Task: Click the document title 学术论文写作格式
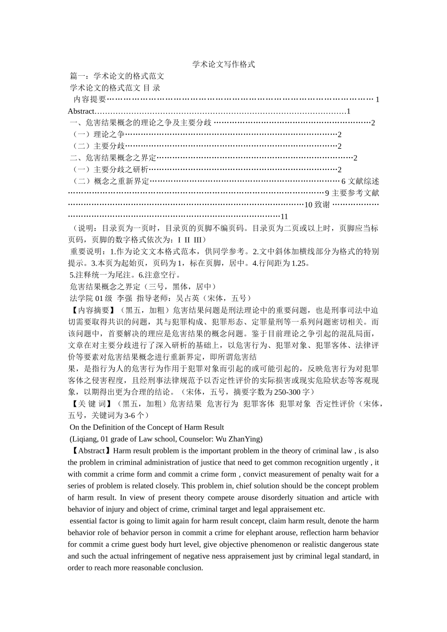tap(223, 64)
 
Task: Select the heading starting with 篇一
tap(117, 76)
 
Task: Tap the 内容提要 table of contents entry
tap(90, 99)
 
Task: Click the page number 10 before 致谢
tap(308, 205)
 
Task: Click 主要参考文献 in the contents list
tap(355, 193)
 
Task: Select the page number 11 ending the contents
tap(284, 217)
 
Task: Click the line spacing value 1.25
tap(299, 263)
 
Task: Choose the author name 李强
tap(125, 298)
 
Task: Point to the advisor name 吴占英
tap(187, 298)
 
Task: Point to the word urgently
tap(353, 463)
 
